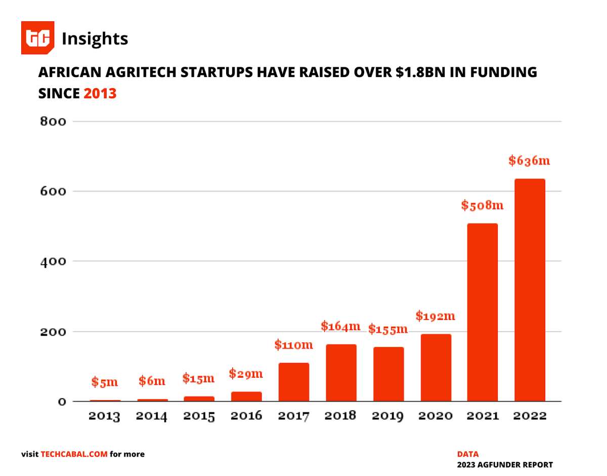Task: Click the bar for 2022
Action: point(530,290)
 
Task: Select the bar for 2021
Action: point(482,312)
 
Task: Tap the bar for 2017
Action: point(293,382)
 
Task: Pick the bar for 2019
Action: point(388,374)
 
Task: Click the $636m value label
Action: point(529,161)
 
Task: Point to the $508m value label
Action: point(482,206)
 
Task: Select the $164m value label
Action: point(340,326)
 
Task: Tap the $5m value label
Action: point(105,382)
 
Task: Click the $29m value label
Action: point(246,374)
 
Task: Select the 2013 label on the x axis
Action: point(104,416)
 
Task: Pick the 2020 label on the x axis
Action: point(435,416)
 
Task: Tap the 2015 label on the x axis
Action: point(199,416)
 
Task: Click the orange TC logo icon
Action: point(37,38)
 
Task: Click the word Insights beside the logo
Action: point(95,38)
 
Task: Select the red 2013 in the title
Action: point(100,93)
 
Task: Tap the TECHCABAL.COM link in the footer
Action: point(74,454)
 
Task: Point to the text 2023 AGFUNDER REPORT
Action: point(505,465)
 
